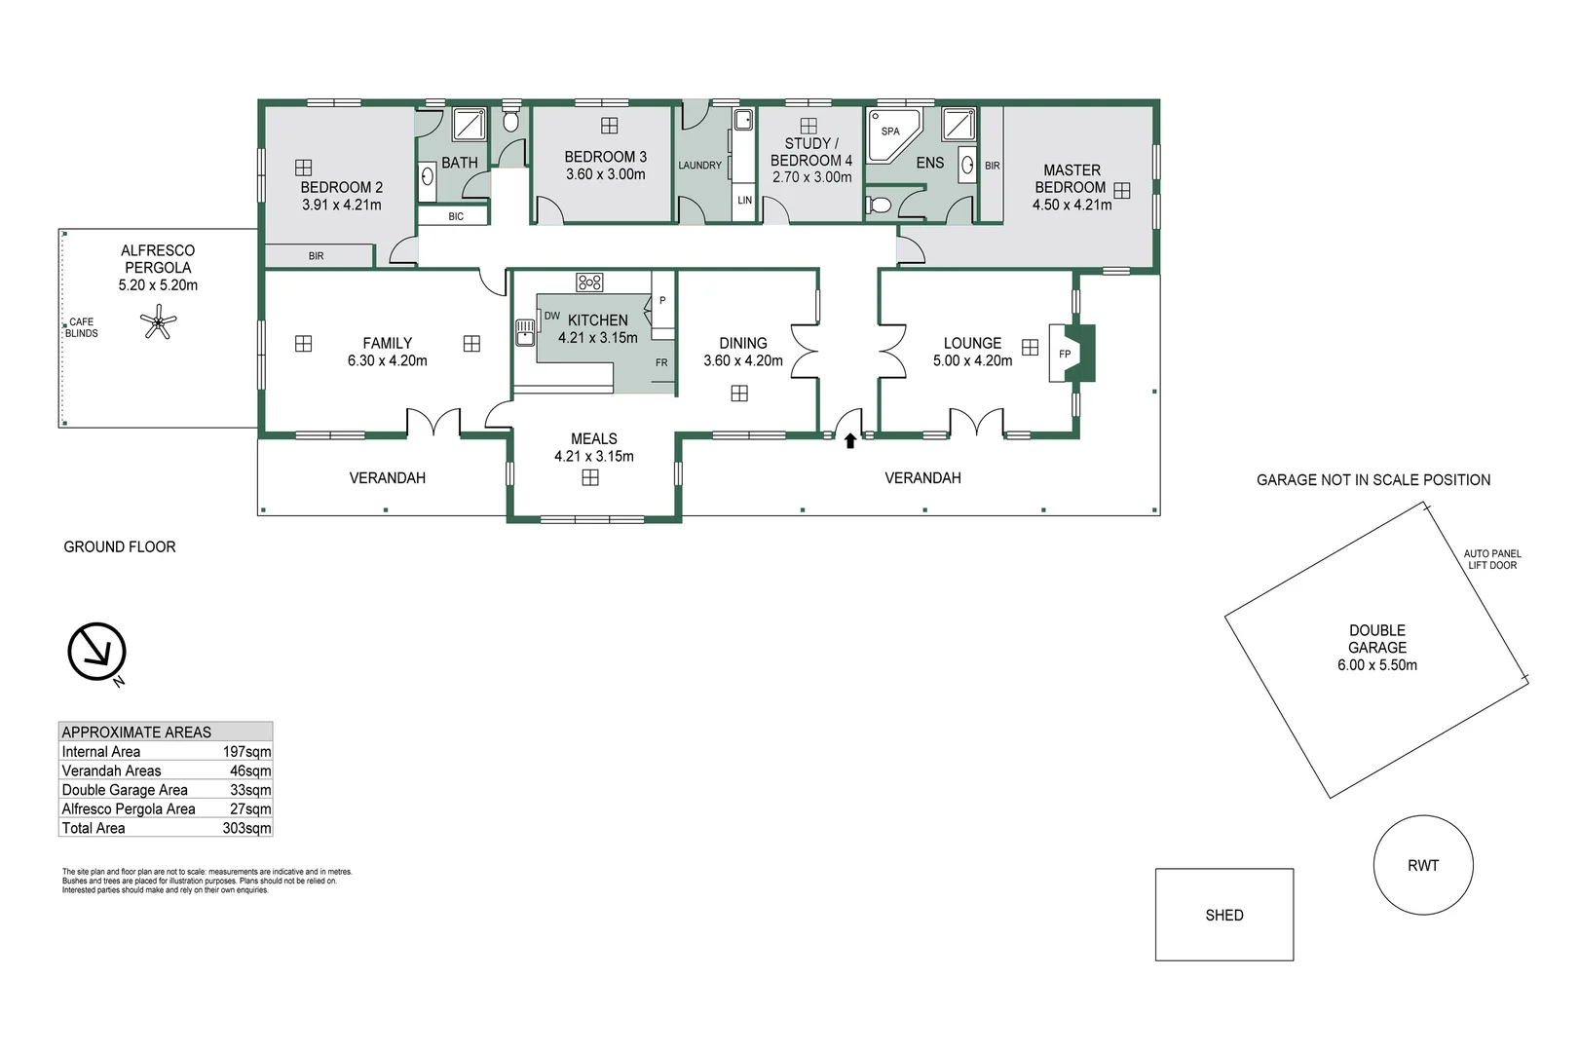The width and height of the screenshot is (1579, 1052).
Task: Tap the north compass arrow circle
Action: point(96,652)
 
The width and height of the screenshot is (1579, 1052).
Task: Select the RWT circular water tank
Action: point(1422,865)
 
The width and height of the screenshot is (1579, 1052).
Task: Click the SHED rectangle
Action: point(1223,915)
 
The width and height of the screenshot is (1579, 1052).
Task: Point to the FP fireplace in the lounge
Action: point(1067,354)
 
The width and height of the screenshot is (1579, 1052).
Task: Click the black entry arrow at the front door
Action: point(849,441)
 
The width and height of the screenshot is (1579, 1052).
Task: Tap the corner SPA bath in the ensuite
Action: point(891,133)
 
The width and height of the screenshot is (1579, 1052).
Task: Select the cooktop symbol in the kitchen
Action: point(589,282)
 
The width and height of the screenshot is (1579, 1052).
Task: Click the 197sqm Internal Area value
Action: point(246,752)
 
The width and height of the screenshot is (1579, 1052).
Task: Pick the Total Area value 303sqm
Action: point(246,828)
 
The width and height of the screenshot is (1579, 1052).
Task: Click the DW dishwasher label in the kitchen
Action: point(551,316)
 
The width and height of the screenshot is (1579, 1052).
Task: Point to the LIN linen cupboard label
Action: point(744,201)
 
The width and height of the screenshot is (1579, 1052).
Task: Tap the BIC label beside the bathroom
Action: point(456,216)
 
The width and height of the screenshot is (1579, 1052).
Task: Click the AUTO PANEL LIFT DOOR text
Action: point(1491,559)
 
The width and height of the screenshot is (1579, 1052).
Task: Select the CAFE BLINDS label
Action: point(82,327)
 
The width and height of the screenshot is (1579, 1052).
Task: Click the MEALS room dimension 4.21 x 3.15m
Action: point(593,456)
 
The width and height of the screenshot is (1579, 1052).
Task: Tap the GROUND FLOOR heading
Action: point(120,547)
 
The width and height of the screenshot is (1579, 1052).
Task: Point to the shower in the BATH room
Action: point(470,125)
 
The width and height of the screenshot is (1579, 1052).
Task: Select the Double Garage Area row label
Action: point(125,790)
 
